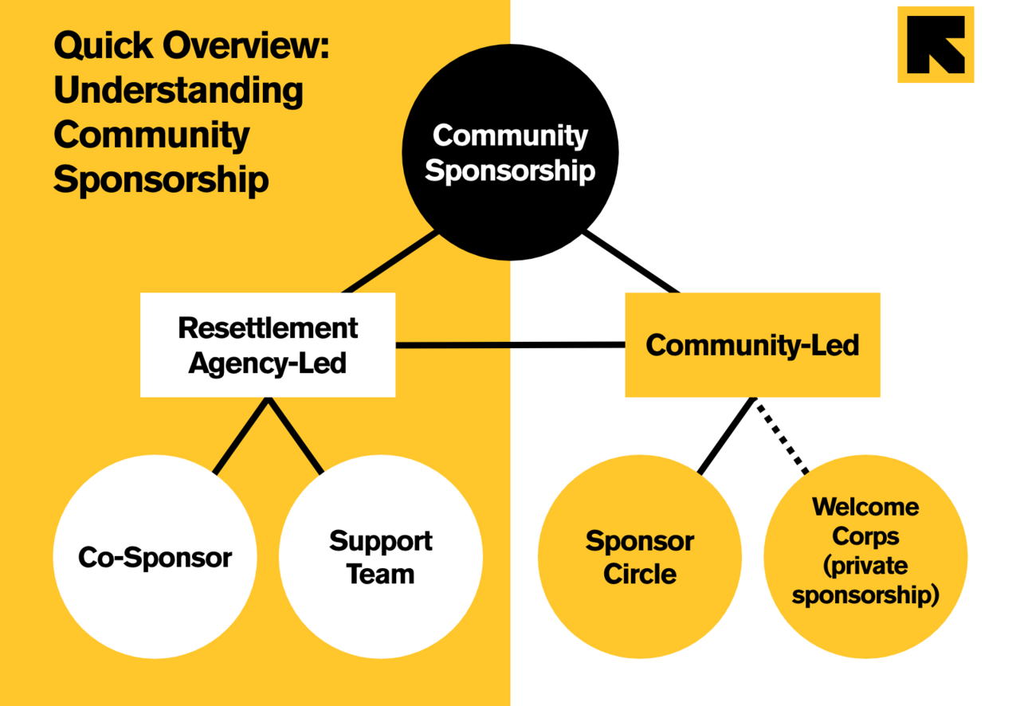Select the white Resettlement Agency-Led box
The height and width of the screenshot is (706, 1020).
(268, 345)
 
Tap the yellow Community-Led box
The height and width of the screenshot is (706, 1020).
(752, 345)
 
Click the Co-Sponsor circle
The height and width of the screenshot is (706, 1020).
(155, 557)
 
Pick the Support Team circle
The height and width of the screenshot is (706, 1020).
(381, 557)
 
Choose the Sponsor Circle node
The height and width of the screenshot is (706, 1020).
(639, 557)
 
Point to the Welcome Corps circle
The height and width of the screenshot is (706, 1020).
(865, 557)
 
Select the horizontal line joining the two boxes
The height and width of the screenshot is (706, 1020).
(510, 345)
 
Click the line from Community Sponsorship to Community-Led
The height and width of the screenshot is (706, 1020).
(631, 263)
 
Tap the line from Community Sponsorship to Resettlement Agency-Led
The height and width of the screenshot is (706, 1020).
(390, 263)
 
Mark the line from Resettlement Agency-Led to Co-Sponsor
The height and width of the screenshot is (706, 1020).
(241, 437)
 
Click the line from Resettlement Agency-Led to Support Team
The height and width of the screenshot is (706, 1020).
(296, 437)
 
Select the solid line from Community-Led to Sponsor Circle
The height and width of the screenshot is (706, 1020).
(725, 437)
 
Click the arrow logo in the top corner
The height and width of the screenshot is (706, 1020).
(936, 45)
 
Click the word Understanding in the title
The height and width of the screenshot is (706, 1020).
(178, 91)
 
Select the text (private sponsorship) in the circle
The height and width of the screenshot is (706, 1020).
(865, 581)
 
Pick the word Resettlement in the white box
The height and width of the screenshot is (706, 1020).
(268, 328)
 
